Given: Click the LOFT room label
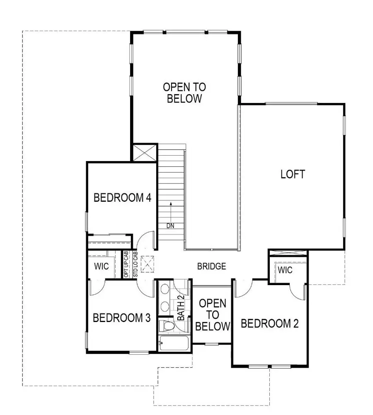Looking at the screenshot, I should (x=293, y=174).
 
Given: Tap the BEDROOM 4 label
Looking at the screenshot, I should (x=122, y=198).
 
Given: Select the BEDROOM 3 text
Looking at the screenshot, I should (x=121, y=318).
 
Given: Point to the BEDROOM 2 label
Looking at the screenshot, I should (x=270, y=323).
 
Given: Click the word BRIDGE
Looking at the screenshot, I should (x=211, y=266).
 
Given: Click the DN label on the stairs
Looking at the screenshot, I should (x=170, y=226).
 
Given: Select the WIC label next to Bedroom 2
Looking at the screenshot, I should (x=285, y=271).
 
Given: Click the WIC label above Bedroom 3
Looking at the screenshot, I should (x=102, y=266).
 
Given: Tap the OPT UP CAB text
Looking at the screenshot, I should (x=126, y=264).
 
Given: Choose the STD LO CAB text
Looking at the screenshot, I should (x=135, y=264).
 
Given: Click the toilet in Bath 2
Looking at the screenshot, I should (x=168, y=326).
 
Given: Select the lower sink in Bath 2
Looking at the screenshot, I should (x=165, y=307).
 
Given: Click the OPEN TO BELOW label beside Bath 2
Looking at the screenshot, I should (x=213, y=314).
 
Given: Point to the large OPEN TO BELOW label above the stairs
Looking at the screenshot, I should (x=184, y=93).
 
